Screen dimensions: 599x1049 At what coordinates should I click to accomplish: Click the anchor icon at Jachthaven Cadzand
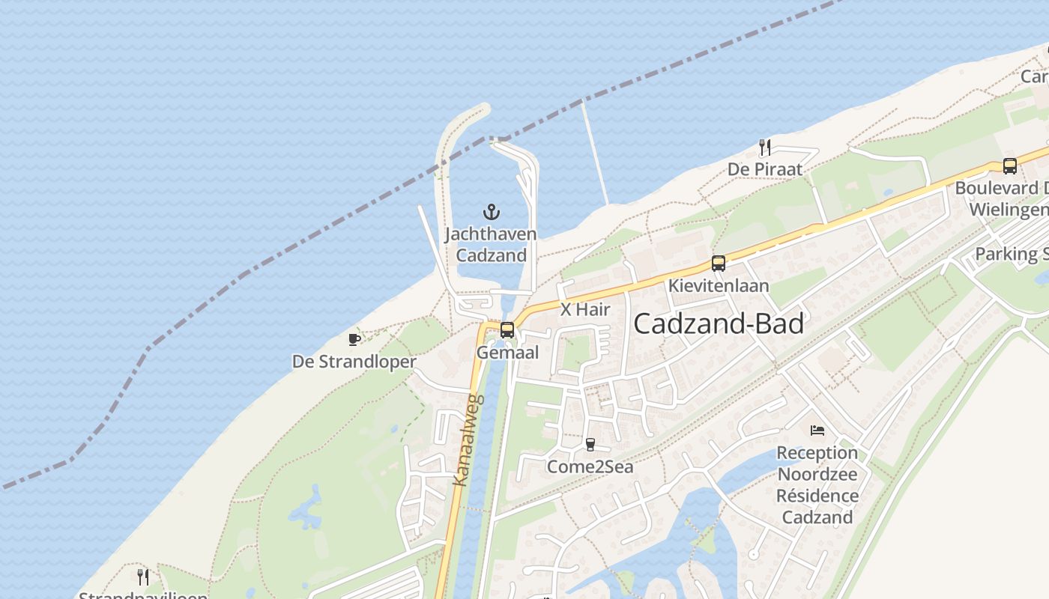pyautogui.click(x=491, y=212)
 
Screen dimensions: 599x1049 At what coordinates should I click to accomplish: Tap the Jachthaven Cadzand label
pyautogui.click(x=491, y=245)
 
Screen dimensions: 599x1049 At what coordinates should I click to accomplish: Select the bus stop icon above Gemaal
pyautogui.click(x=507, y=329)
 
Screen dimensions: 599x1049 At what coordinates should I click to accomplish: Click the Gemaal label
pyautogui.click(x=507, y=353)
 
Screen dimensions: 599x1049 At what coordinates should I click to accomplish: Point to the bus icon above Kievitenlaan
pyautogui.click(x=719, y=263)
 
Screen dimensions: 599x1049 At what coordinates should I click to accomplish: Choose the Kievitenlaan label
pyautogui.click(x=719, y=286)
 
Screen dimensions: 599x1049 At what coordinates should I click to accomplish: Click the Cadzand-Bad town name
pyautogui.click(x=719, y=323)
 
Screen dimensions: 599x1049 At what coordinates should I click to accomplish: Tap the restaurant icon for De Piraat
pyautogui.click(x=764, y=147)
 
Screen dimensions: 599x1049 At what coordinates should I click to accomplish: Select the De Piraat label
pyautogui.click(x=764, y=170)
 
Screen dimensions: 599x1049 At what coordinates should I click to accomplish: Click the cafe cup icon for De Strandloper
pyautogui.click(x=354, y=339)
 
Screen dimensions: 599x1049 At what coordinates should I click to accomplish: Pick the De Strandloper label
pyautogui.click(x=354, y=362)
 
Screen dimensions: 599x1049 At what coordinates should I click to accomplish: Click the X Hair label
pyautogui.click(x=585, y=309)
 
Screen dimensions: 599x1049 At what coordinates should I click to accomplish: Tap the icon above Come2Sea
pyautogui.click(x=590, y=445)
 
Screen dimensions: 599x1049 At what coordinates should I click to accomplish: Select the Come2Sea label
pyautogui.click(x=590, y=468)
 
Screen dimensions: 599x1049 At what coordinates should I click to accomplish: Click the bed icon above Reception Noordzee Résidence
pyautogui.click(x=817, y=431)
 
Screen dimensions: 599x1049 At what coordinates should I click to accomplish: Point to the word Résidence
pyautogui.click(x=817, y=496)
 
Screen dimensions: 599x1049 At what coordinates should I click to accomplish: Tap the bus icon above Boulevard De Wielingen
pyautogui.click(x=1009, y=165)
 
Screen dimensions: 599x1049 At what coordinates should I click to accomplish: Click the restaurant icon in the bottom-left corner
pyautogui.click(x=142, y=577)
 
